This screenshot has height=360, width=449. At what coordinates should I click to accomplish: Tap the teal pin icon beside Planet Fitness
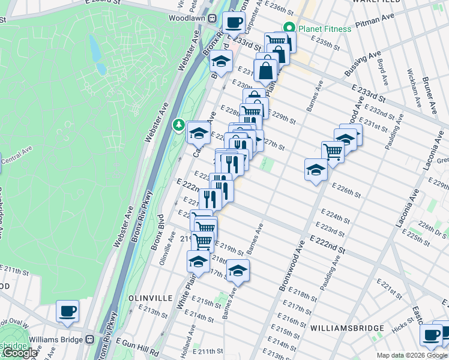(x=289, y=28)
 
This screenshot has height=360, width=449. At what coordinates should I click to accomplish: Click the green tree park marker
(x=178, y=125)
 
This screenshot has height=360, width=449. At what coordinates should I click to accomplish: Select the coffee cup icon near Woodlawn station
(x=234, y=22)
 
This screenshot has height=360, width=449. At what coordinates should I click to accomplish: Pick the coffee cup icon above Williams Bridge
(x=67, y=311)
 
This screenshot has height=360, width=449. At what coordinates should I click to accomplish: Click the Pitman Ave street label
(x=372, y=28)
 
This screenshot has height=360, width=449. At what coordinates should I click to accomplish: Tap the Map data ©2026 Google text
(x=411, y=355)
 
